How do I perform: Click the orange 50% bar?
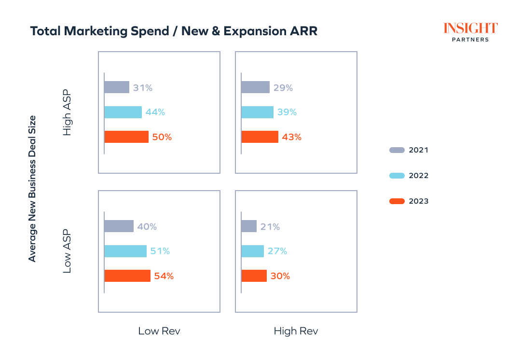(126, 137)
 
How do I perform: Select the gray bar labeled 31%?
(117, 87)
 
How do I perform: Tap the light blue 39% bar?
(257, 112)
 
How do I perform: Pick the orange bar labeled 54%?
(127, 276)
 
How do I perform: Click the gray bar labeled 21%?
(249, 226)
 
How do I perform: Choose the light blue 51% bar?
(125, 251)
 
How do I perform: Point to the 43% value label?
(292, 137)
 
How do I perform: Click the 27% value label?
(277, 251)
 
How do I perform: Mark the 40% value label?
(147, 226)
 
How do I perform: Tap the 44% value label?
(155, 112)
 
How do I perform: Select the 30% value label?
(280, 276)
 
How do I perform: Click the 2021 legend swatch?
(397, 150)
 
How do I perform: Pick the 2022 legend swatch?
(397, 176)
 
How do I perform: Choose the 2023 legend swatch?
(397, 201)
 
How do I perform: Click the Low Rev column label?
(159, 331)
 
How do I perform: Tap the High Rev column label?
(296, 331)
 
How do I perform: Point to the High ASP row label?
(67, 112)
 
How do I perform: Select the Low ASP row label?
(67, 251)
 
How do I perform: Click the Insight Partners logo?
(470, 32)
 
